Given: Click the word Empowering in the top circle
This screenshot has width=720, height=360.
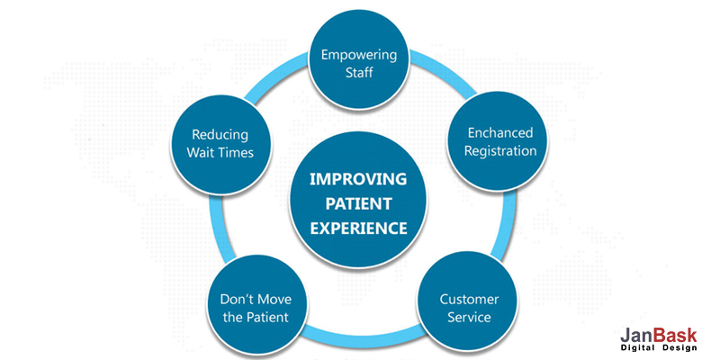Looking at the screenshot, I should point(360,54).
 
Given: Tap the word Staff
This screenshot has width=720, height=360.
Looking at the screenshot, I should point(360,72).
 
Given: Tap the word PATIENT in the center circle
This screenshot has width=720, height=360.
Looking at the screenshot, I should point(358,202).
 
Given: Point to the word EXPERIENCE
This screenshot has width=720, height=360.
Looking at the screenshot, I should point(358,228).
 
